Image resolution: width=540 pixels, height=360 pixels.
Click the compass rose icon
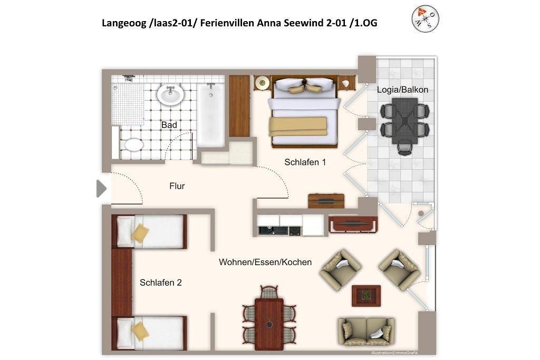click(426, 18)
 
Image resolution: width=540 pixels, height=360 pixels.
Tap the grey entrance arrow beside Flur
click(101, 189)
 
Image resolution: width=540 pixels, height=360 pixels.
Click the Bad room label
click(169, 125)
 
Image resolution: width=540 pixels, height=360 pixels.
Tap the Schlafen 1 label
click(305, 162)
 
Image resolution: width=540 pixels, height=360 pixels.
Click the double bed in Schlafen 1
click(304, 112)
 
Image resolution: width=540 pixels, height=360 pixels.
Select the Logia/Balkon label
click(402, 90)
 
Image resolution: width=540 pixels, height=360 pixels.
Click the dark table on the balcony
click(405, 121)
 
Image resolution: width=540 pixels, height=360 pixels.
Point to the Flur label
click(177, 186)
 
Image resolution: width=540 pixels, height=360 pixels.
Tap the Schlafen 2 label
click(160, 283)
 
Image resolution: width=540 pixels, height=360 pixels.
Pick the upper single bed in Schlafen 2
click(149, 231)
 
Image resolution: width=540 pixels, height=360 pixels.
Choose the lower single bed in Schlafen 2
click(149, 333)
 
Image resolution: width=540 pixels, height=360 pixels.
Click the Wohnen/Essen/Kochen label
click(265, 262)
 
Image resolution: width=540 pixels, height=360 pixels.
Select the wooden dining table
click(269, 324)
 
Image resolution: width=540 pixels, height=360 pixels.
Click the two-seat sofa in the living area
click(366, 332)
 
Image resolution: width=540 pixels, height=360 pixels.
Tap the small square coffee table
click(366, 296)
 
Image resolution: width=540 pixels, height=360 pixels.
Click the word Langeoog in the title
click(124, 23)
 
